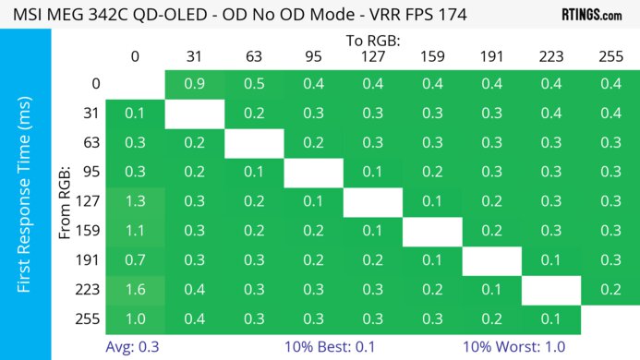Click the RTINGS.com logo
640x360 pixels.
tap(591, 15)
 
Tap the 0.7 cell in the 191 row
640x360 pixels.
tap(135, 260)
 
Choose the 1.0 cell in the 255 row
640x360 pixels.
tap(135, 318)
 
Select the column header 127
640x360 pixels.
tap(372, 56)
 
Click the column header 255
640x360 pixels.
tap(610, 56)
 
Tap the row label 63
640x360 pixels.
tap(90, 143)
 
